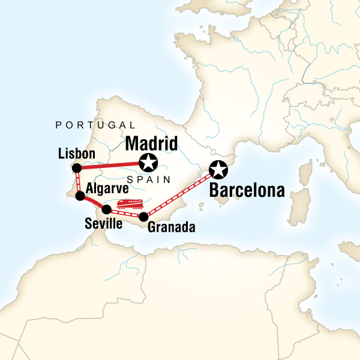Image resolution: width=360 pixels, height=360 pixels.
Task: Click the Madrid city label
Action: (151, 145)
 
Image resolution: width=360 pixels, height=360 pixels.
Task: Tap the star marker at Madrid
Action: (148, 162)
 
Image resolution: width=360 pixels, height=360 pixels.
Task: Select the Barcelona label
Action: (246, 191)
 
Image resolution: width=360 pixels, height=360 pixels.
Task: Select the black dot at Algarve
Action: (80, 196)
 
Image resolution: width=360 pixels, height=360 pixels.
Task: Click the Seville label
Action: (103, 224)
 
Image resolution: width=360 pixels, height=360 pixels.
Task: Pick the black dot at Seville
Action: (106, 209)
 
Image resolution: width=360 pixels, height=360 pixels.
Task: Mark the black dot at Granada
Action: (143, 217)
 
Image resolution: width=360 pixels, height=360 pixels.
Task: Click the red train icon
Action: (130, 204)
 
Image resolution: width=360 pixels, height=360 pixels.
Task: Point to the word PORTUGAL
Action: (95, 125)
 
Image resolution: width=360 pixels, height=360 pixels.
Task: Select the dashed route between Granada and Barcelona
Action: (180, 194)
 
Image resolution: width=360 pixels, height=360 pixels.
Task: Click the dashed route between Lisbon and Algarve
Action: (78, 181)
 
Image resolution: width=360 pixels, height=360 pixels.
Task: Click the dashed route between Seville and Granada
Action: (124, 213)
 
